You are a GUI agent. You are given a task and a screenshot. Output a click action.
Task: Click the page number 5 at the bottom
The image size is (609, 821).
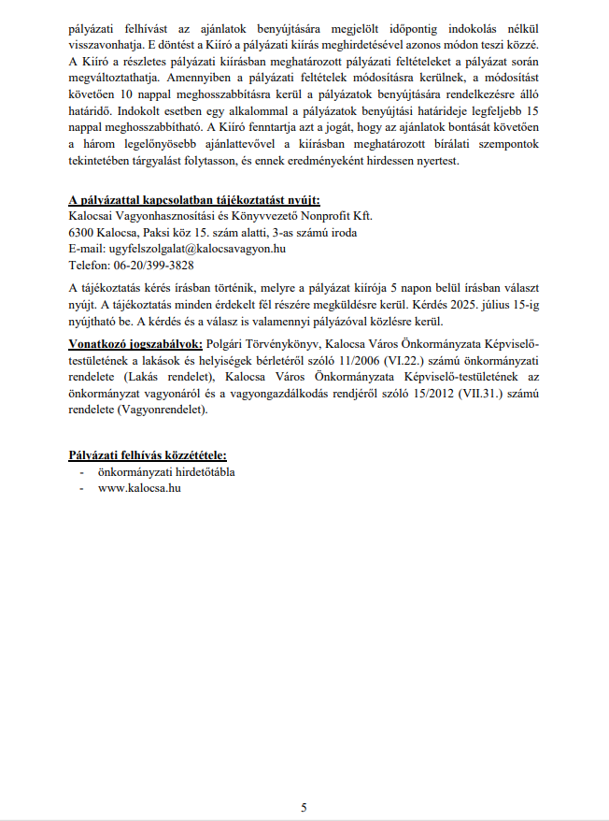point(304,806)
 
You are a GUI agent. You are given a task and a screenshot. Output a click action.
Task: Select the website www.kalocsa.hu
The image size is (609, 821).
point(138,488)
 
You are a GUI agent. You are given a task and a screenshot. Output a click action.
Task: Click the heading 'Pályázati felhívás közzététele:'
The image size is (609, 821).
point(148,455)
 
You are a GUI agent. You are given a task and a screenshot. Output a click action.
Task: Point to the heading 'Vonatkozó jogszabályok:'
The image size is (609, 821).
point(135,343)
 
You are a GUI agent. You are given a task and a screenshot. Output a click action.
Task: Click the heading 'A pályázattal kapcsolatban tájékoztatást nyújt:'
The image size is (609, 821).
point(194,200)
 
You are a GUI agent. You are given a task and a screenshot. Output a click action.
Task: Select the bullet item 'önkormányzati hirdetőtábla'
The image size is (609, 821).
point(166,472)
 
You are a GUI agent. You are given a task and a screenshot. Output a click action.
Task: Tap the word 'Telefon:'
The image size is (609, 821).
point(89,265)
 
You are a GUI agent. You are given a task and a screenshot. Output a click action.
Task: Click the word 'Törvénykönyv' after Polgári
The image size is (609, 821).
point(279,343)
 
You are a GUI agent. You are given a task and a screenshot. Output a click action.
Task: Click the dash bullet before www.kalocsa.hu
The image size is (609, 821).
point(83,488)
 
